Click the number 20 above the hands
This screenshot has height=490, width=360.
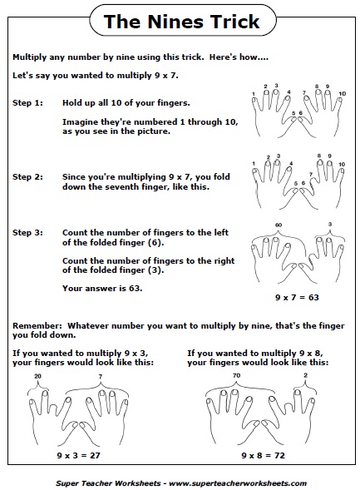(x=37, y=376)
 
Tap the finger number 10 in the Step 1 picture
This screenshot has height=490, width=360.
(x=342, y=94)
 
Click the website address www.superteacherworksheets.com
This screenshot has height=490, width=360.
(x=238, y=483)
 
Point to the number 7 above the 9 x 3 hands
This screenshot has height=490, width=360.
(x=101, y=376)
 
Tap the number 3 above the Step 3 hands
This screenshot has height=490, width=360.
(x=331, y=225)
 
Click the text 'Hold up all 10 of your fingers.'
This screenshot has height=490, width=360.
(x=125, y=102)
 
